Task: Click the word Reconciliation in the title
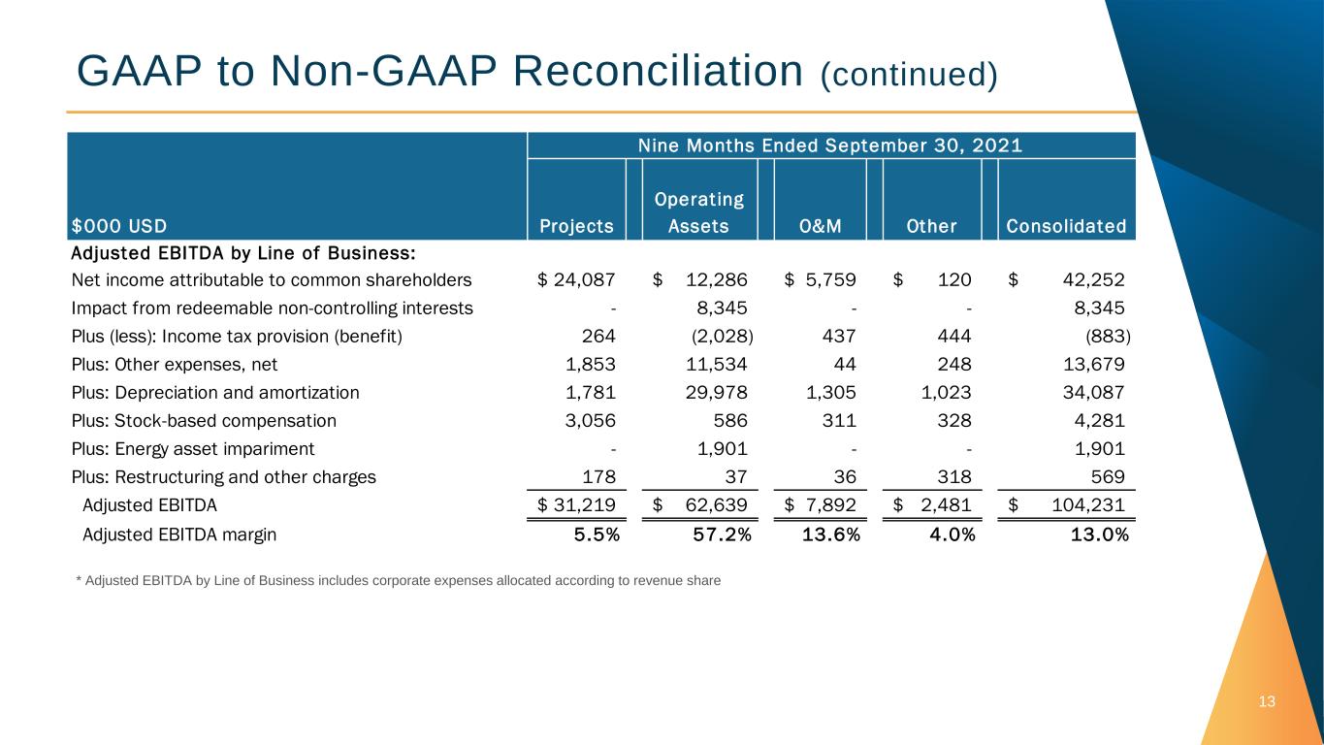(647, 71)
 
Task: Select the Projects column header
(576, 227)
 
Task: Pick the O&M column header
(820, 227)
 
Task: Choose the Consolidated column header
(1066, 227)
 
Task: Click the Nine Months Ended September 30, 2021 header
(830, 146)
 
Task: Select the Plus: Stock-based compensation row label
(204, 421)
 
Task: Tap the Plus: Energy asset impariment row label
(193, 449)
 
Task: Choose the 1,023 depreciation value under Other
(945, 393)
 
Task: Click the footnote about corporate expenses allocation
(398, 581)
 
